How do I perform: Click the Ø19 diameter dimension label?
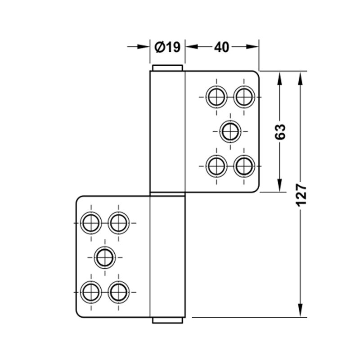coord(167,47)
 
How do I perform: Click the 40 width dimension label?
coord(221,47)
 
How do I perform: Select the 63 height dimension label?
coord(280,131)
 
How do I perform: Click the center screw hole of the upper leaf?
coord(230,131)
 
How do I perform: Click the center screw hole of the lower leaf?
coord(105,257)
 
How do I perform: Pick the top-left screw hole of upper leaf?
coord(216,97)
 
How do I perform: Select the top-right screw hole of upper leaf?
coord(244,97)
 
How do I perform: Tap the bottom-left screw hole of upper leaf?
coord(216,166)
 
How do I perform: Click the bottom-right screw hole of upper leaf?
coord(244,166)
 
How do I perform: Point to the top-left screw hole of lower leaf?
coord(91,223)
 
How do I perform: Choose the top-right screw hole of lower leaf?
coord(118,223)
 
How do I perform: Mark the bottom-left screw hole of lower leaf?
coord(91,292)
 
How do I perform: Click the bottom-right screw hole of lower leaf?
coord(118,292)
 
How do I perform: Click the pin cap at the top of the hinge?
coord(167,68)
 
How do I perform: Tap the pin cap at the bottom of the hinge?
coord(167,320)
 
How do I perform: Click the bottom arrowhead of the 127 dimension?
coord(300,310)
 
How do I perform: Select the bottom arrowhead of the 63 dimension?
coord(279,185)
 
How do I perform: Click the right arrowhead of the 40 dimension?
coord(252,47)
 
